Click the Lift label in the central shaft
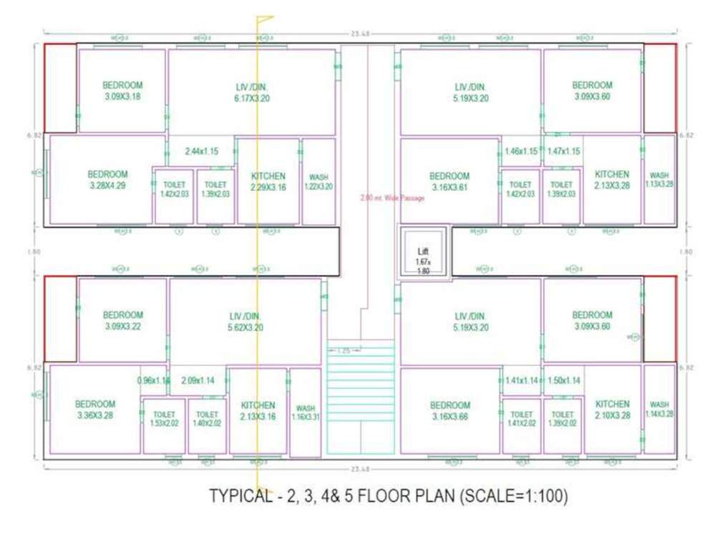click(x=422, y=252)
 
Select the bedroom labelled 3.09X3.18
click(x=122, y=90)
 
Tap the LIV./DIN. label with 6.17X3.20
click(x=252, y=92)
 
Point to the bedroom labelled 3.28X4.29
click(x=107, y=180)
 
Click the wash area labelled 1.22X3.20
click(x=319, y=182)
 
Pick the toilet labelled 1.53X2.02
click(x=164, y=419)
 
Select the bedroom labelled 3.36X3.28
click(x=95, y=409)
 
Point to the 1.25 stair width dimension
click(x=344, y=351)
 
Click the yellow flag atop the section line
click(x=265, y=19)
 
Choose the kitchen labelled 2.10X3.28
click(x=612, y=409)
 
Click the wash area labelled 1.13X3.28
click(x=659, y=180)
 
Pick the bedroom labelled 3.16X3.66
click(x=450, y=410)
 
